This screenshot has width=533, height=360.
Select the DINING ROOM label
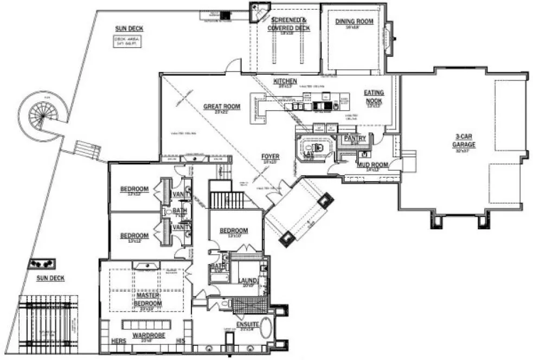click(354, 22)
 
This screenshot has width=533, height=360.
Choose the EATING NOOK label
click(373, 97)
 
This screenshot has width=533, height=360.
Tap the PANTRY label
click(355, 139)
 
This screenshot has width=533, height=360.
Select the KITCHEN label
click(285, 81)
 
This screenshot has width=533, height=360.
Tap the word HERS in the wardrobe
click(118, 341)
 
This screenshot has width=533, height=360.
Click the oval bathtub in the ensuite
click(267, 328)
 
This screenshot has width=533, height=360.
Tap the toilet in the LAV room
click(317, 148)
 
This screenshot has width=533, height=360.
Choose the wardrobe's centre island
click(148, 325)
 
